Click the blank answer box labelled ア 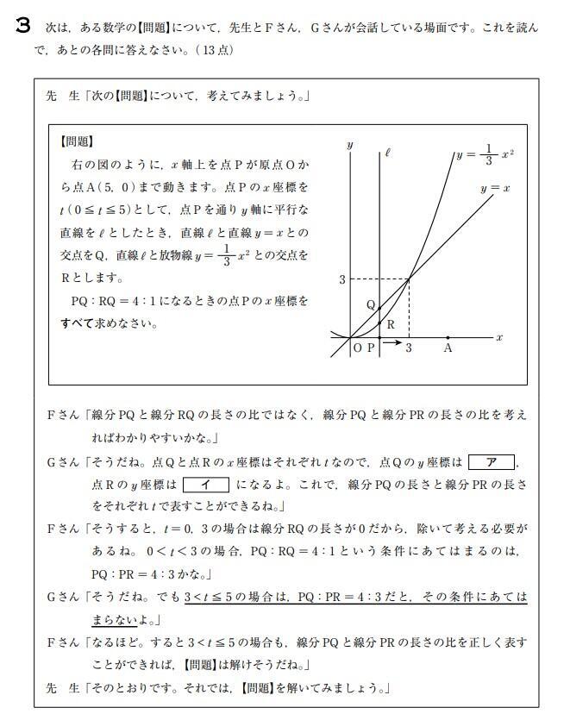pyautogui.click(x=491, y=462)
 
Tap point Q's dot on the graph pyautogui.click(x=380, y=308)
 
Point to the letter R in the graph pyautogui.click(x=390, y=325)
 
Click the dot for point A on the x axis pyautogui.click(x=448, y=337)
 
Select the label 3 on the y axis pyautogui.click(x=341, y=279)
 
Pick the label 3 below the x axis pyautogui.click(x=409, y=348)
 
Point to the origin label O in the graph pyautogui.click(x=357, y=348)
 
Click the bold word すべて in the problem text pyautogui.click(x=78, y=323)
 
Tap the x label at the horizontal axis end pyautogui.click(x=499, y=337)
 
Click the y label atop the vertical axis pyautogui.click(x=349, y=146)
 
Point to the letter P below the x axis pyautogui.click(x=371, y=348)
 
